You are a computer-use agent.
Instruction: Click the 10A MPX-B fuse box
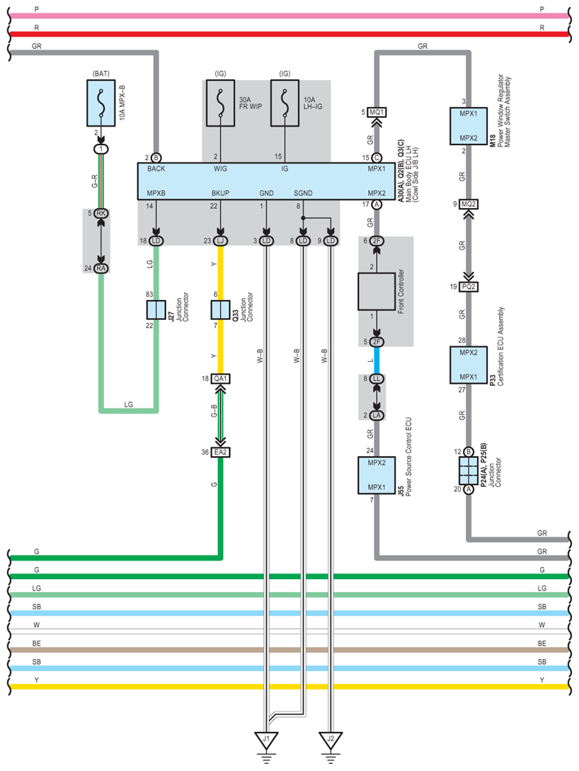click(x=101, y=103)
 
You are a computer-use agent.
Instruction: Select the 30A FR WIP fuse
click(x=220, y=103)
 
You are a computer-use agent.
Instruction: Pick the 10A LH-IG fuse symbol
click(x=285, y=103)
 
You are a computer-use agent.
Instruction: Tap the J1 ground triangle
click(x=266, y=740)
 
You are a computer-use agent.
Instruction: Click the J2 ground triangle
click(x=331, y=740)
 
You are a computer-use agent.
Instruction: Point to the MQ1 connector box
click(x=377, y=112)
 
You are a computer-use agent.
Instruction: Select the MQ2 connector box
click(x=469, y=204)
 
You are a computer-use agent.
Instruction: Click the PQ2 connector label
click(x=469, y=287)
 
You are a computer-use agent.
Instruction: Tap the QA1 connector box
click(x=220, y=379)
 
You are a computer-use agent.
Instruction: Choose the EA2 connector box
click(x=220, y=452)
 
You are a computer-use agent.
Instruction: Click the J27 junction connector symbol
click(x=156, y=310)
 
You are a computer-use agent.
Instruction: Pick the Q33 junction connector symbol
click(x=220, y=310)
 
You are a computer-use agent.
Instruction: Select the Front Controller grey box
click(x=377, y=292)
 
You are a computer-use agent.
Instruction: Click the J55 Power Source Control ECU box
click(x=377, y=475)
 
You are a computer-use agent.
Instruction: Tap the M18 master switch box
click(x=469, y=126)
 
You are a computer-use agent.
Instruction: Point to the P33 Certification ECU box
click(x=469, y=365)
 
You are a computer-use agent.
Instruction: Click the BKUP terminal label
click(x=220, y=193)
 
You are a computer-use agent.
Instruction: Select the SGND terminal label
click(x=303, y=193)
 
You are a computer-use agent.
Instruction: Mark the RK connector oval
click(x=101, y=213)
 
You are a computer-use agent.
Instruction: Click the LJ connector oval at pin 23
click(x=220, y=241)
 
